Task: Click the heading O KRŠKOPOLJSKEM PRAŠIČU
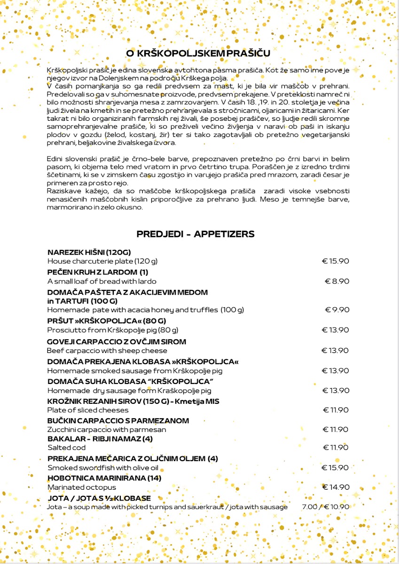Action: tap(198, 53)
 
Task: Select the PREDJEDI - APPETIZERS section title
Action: tap(196, 234)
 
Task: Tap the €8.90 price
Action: tap(337, 282)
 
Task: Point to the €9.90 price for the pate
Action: tap(337, 310)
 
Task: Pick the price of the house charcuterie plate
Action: tap(336, 261)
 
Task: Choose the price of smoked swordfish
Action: tap(336, 468)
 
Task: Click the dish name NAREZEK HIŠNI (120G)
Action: tap(89, 252)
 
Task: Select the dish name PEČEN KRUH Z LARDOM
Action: tap(98, 272)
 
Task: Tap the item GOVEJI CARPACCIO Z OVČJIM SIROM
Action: tap(117, 342)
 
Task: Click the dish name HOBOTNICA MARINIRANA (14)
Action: tap(104, 478)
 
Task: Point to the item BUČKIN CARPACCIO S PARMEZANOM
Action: tap(118, 421)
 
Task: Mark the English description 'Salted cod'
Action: tap(66, 448)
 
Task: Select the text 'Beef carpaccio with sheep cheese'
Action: tap(107, 351)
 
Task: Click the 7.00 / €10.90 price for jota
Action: tap(325, 507)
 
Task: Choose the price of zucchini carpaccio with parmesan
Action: tap(336, 430)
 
